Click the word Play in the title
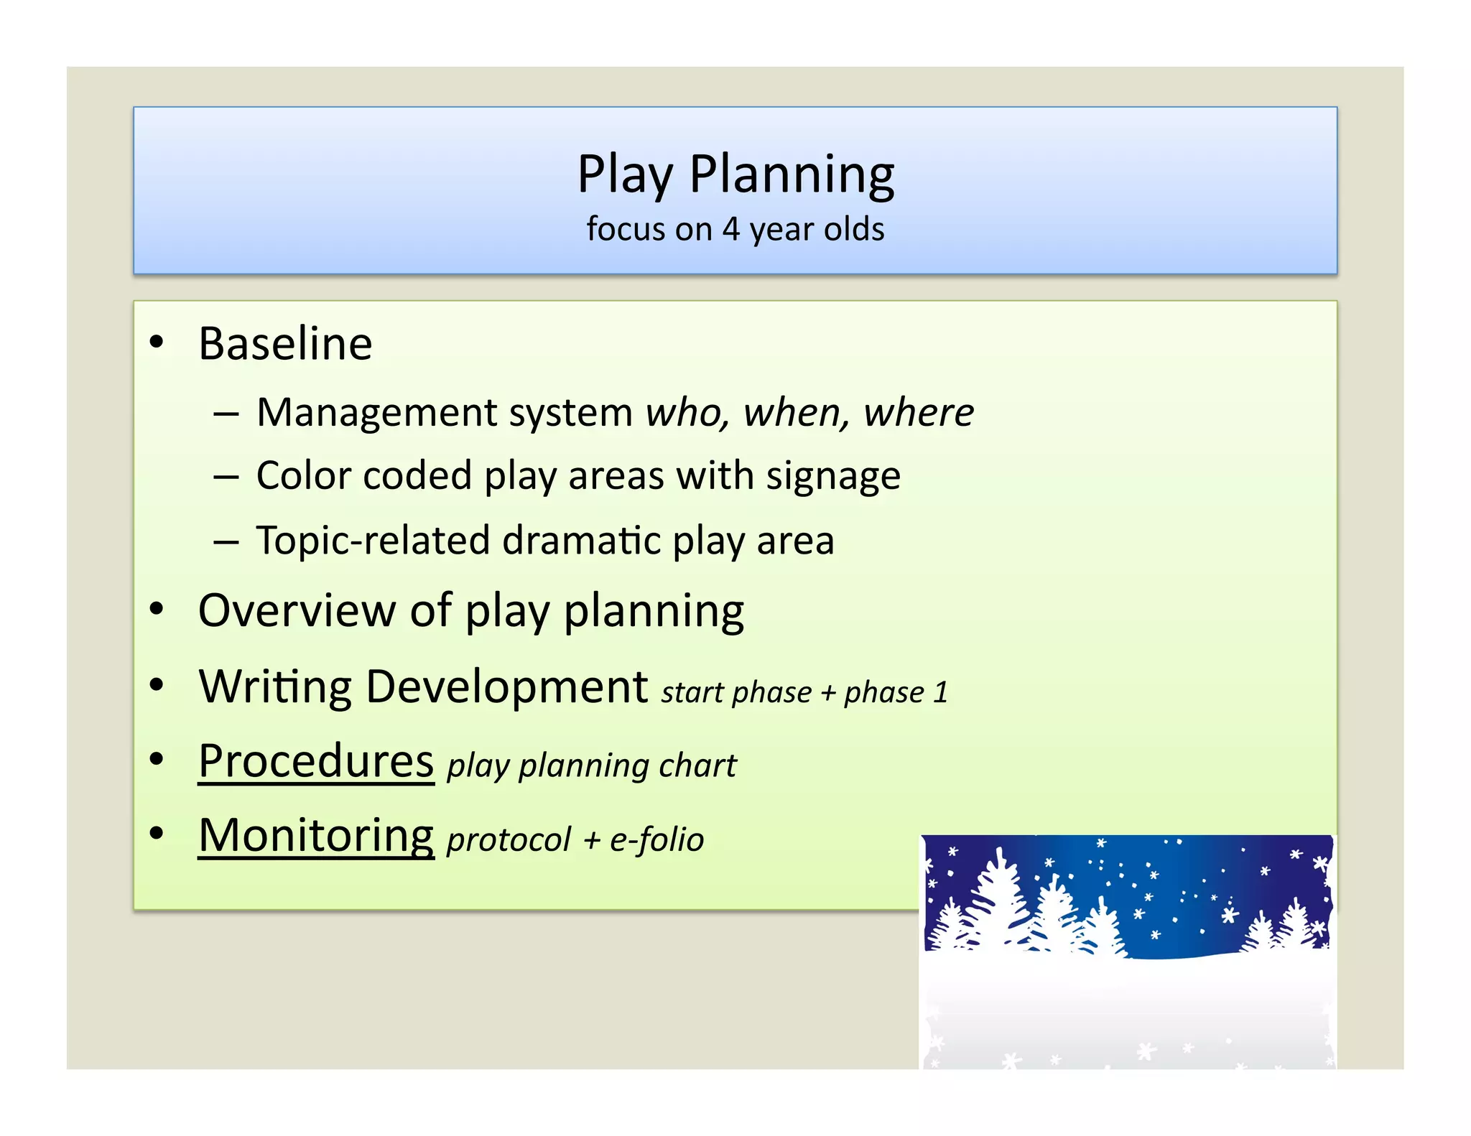click(x=625, y=174)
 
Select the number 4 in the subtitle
click(x=730, y=230)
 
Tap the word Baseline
click(x=285, y=343)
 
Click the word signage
click(x=832, y=477)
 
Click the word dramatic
click(x=581, y=540)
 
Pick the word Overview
click(x=296, y=611)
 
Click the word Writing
click(x=274, y=687)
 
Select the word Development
click(x=506, y=687)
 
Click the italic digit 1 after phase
click(x=940, y=693)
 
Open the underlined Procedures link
click(x=316, y=761)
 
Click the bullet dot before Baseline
click(x=157, y=343)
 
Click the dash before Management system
click(x=226, y=414)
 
